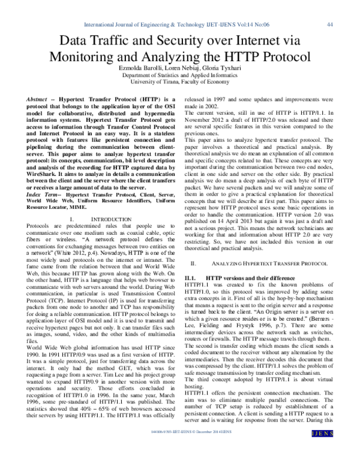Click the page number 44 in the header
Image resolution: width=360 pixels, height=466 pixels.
click(x=329, y=25)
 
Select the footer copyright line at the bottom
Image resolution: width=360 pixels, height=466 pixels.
click(x=180, y=449)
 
